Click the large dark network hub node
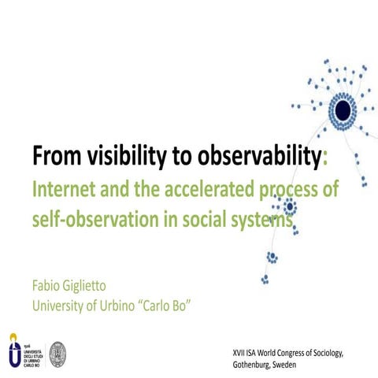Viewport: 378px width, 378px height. pyautogui.click(x=343, y=113)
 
